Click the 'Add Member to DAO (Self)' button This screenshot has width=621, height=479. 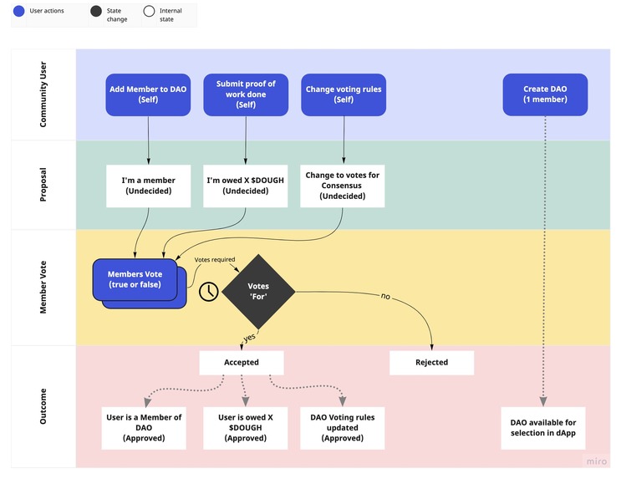click(148, 94)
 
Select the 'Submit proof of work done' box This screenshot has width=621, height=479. click(246, 94)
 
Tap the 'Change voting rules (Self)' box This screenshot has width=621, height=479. click(343, 94)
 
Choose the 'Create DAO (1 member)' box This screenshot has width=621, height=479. click(545, 94)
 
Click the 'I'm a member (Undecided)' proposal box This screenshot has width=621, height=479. click(148, 186)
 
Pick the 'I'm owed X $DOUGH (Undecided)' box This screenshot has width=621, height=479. click(246, 186)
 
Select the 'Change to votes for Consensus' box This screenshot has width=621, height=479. click(343, 186)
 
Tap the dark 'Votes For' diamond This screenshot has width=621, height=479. click(257, 291)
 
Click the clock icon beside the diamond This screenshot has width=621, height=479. click(208, 291)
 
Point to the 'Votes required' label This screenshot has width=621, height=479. click(215, 260)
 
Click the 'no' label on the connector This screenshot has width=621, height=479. click(385, 296)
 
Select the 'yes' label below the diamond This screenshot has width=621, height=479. click(248, 337)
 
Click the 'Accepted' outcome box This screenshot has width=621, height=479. click(241, 363)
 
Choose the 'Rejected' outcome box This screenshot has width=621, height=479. click(431, 363)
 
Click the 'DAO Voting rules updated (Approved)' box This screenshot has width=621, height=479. click(343, 427)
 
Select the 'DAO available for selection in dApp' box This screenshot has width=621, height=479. click(543, 427)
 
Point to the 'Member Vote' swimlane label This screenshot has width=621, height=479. click(43, 288)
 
